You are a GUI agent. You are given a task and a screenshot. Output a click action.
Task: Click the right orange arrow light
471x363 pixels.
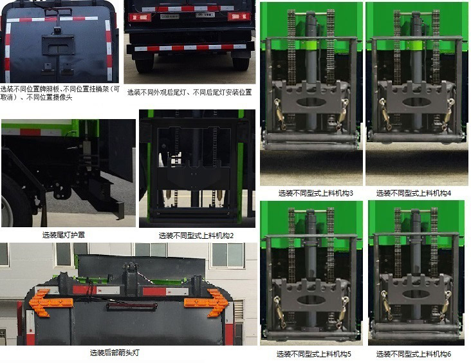[207, 302]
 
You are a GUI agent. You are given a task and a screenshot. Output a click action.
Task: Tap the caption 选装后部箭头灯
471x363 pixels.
[115, 353]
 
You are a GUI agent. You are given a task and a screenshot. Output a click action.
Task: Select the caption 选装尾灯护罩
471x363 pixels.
[64, 235]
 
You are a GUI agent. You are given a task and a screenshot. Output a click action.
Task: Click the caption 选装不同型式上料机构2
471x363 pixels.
[196, 236]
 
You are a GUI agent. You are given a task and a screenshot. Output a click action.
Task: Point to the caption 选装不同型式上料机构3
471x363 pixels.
[316, 193]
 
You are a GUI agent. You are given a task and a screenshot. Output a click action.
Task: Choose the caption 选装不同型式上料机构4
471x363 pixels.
[414, 193]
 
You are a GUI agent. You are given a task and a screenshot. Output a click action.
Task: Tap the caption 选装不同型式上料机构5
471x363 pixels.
[313, 354]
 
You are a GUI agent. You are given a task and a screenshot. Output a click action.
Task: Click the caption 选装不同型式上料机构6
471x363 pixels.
[414, 354]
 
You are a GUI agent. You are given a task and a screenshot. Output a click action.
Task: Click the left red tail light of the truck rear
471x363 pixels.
[140, 17]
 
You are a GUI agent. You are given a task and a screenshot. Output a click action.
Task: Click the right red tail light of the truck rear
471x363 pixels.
[239, 16]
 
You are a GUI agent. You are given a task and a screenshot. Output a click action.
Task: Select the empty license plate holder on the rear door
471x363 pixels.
[58, 45]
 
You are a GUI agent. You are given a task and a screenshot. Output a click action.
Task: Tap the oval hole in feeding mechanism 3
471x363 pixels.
[311, 102]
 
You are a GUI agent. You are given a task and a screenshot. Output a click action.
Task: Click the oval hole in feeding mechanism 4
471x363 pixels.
[416, 102]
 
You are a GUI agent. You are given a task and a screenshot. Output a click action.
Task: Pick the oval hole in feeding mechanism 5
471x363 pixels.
[311, 299]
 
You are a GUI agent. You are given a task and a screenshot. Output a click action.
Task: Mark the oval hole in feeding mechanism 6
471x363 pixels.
[416, 294]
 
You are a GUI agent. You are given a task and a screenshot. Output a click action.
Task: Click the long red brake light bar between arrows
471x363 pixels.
[132, 306]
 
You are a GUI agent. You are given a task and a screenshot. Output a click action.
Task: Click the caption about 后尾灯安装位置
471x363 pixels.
[189, 92]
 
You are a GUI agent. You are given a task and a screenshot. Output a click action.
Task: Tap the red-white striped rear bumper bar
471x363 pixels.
[190, 48]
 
